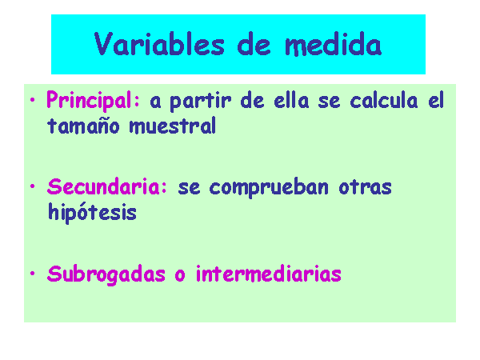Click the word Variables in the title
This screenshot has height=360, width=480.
click(x=159, y=44)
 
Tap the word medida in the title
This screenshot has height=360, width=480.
click(x=334, y=44)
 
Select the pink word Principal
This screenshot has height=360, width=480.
click(x=89, y=101)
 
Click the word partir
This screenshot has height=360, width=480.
click(x=200, y=101)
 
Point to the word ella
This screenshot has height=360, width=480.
click(x=291, y=100)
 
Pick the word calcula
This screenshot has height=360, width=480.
click(x=384, y=100)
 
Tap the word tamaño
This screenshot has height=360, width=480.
click(x=83, y=126)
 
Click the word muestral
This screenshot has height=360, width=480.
click(x=173, y=126)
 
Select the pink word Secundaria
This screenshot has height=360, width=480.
click(x=103, y=186)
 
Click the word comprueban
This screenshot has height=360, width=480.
click(x=269, y=188)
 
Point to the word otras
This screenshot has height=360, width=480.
click(x=366, y=187)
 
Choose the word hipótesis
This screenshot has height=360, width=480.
click(x=93, y=212)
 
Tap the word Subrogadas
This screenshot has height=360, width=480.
click(x=106, y=274)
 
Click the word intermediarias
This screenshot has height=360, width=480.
click(x=269, y=274)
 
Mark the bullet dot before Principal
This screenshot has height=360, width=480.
click(x=33, y=99)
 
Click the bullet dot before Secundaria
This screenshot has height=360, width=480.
click(x=33, y=186)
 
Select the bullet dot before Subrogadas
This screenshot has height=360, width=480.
click(x=33, y=274)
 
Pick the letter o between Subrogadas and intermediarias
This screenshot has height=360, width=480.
click(x=180, y=275)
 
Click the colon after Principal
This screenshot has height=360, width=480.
click(x=137, y=102)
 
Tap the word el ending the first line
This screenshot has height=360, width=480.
click(x=436, y=100)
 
